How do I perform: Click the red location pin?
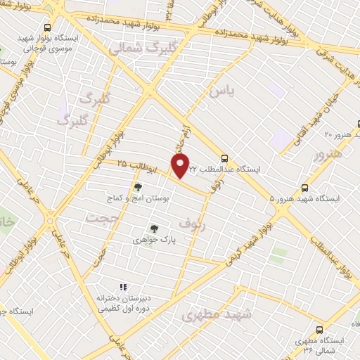point(181,165)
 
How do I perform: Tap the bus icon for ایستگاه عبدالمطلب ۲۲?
point(224,158)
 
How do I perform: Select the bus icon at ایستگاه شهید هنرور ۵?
point(304,188)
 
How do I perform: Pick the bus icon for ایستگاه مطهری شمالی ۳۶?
point(319,330)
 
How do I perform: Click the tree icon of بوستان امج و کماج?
point(138,187)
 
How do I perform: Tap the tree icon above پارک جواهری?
point(154,228)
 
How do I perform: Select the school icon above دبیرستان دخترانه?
point(123,287)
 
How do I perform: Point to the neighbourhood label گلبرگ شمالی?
point(137,48)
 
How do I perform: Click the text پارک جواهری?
point(154,240)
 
